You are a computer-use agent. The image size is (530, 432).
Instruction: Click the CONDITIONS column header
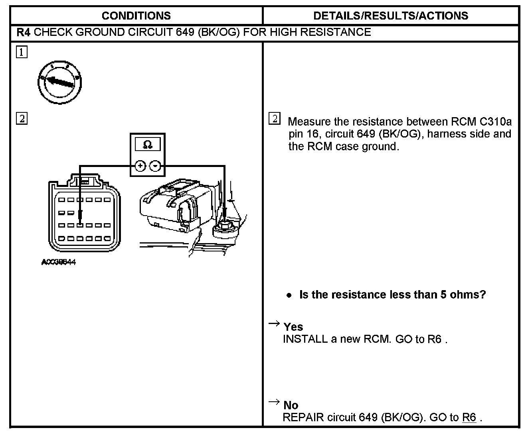[136, 16]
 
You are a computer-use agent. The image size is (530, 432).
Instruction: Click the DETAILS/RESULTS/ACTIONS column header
[391, 16]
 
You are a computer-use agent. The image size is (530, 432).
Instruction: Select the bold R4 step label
[24, 32]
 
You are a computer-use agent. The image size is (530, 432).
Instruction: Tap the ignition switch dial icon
[60, 82]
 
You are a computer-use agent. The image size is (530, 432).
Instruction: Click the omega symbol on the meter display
[147, 144]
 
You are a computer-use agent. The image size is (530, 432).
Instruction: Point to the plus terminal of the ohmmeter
[140, 166]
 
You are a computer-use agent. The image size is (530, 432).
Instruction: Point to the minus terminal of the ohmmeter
[155, 166]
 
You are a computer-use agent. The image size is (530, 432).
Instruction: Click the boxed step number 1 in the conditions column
[22, 52]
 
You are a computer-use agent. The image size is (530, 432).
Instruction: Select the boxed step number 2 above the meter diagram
[22, 118]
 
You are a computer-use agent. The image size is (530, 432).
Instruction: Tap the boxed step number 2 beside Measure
[275, 119]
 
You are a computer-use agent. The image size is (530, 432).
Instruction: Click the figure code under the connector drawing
[59, 262]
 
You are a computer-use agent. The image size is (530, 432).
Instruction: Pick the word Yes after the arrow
[293, 327]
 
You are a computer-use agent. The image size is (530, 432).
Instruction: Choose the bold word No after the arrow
[291, 405]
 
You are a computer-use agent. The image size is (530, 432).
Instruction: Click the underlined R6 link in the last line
[469, 418]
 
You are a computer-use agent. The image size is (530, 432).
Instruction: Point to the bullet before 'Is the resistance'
[289, 295]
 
